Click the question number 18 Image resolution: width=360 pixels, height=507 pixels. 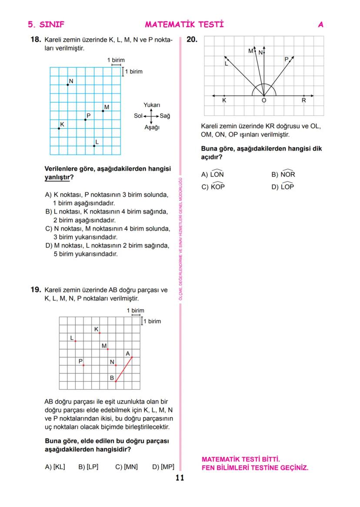click(x=35, y=40)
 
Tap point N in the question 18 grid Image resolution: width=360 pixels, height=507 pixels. click(x=68, y=85)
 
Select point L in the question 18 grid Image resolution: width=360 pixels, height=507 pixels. click(x=94, y=146)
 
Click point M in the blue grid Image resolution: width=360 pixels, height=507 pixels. click(x=103, y=111)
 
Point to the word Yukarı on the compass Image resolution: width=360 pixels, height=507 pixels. click(x=152, y=105)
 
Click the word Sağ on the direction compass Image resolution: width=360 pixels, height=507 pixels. click(x=165, y=116)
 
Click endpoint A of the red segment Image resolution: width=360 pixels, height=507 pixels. click(x=132, y=357)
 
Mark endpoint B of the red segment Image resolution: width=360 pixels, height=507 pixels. click(x=116, y=381)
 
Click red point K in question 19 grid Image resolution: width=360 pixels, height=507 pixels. click(x=100, y=333)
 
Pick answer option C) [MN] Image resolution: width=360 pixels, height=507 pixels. click(x=126, y=467)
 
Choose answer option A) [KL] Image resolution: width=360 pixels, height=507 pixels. click(x=55, y=467)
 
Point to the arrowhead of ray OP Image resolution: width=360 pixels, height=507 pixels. click(x=293, y=56)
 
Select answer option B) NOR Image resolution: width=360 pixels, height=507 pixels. click(x=283, y=175)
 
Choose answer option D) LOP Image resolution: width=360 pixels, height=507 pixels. click(x=283, y=187)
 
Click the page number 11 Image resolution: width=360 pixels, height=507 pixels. click(x=180, y=478)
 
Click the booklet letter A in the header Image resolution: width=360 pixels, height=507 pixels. click(x=320, y=25)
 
